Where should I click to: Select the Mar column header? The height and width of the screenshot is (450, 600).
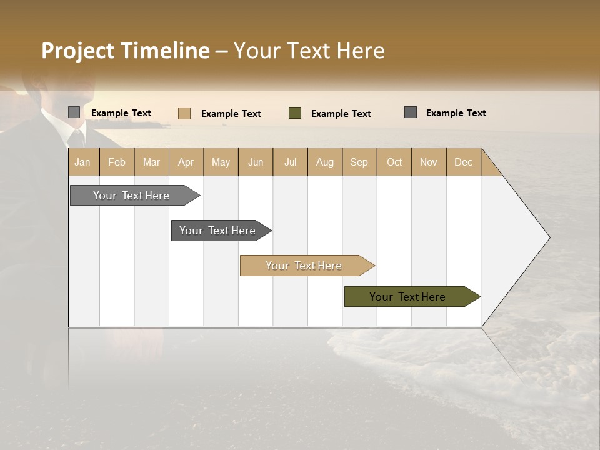(x=151, y=162)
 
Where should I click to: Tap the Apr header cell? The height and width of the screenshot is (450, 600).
(x=186, y=162)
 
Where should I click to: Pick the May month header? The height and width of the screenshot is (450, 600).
(x=221, y=162)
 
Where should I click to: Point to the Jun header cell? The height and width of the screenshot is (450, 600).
(x=256, y=162)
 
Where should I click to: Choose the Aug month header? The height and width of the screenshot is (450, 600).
(x=325, y=162)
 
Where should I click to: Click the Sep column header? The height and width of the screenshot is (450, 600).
(x=359, y=162)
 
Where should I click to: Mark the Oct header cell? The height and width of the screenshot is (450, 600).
(x=394, y=162)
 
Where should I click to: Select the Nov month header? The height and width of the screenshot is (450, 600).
(x=429, y=162)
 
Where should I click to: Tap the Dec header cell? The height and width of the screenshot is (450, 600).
(x=464, y=162)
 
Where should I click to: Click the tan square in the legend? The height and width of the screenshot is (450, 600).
(x=184, y=113)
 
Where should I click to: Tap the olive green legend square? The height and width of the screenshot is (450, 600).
(x=295, y=113)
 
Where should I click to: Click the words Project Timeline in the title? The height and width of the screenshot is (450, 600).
(x=125, y=51)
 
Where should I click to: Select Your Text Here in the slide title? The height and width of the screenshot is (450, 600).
(x=309, y=51)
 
